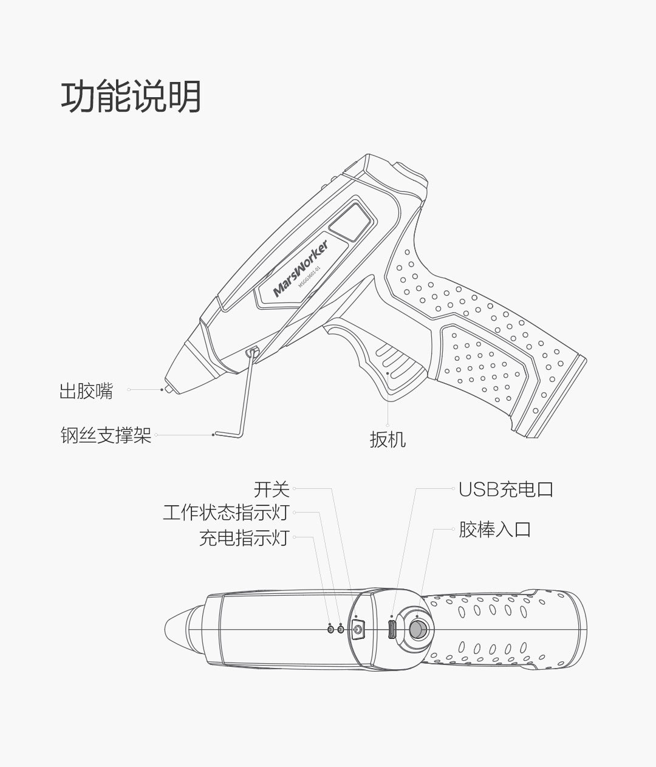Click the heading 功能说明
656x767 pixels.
[131, 97]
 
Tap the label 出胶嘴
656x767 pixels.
[86, 392]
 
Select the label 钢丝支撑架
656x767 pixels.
[106, 435]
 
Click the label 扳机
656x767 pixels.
[388, 439]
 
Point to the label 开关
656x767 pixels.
[272, 489]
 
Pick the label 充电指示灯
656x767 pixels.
[244, 537]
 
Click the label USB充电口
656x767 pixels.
[506, 489]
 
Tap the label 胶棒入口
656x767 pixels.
[494, 530]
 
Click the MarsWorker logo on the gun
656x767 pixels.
[300, 268]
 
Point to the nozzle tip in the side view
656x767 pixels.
[166, 387]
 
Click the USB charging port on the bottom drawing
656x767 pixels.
[392, 629]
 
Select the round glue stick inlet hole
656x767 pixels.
[417, 629]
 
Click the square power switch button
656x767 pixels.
[357, 629]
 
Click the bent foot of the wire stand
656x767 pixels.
[228, 434]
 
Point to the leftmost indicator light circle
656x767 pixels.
[330, 629]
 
